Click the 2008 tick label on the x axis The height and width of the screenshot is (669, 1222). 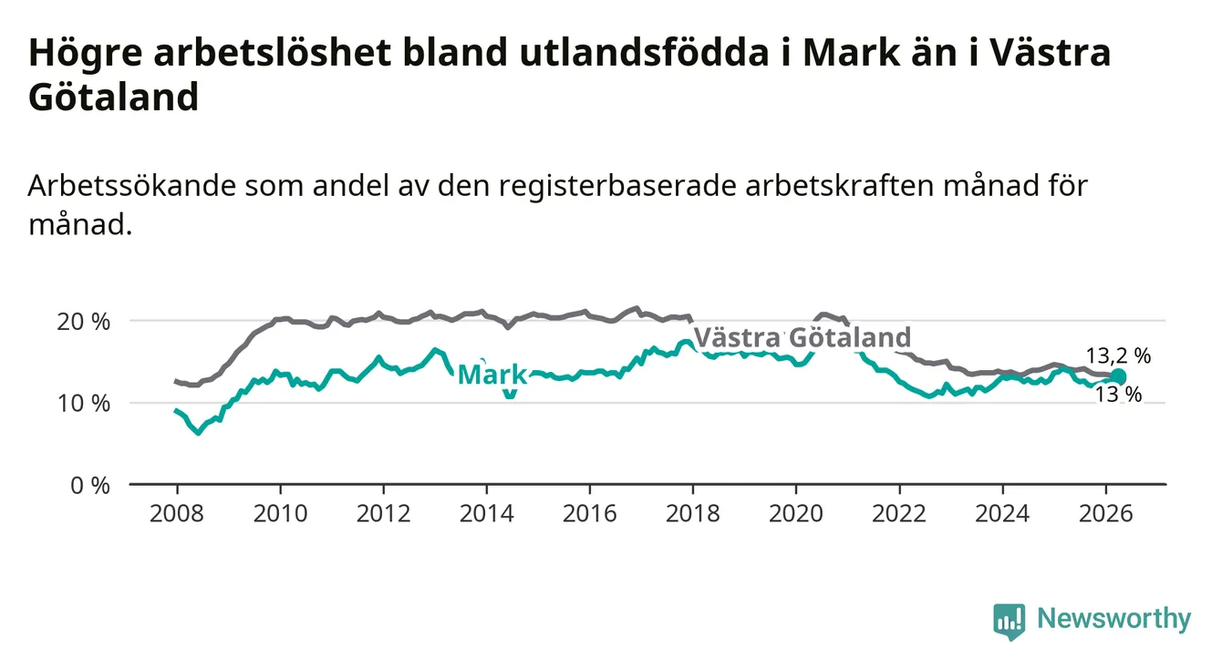[177, 514]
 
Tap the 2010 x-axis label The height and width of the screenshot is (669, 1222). [280, 514]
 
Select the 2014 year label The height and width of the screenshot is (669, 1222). [487, 514]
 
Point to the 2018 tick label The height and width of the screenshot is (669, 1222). [693, 514]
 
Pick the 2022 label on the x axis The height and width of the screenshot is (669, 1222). [899, 514]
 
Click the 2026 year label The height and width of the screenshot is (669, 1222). [1106, 514]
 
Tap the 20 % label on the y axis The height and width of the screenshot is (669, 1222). [84, 322]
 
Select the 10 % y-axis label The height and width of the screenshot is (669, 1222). [84, 404]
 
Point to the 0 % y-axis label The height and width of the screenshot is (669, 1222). [90, 485]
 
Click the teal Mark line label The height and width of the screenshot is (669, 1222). [492, 375]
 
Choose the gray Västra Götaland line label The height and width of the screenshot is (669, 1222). [802, 337]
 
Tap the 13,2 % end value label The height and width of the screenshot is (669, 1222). [1118, 356]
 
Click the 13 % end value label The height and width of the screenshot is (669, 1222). [1118, 395]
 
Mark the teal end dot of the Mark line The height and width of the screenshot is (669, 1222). [1118, 376]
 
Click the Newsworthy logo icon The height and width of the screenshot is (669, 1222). [1010, 622]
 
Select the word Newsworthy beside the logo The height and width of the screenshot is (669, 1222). [1114, 619]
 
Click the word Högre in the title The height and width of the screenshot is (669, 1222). [86, 54]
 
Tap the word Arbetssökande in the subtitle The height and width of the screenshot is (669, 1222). [132, 185]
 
